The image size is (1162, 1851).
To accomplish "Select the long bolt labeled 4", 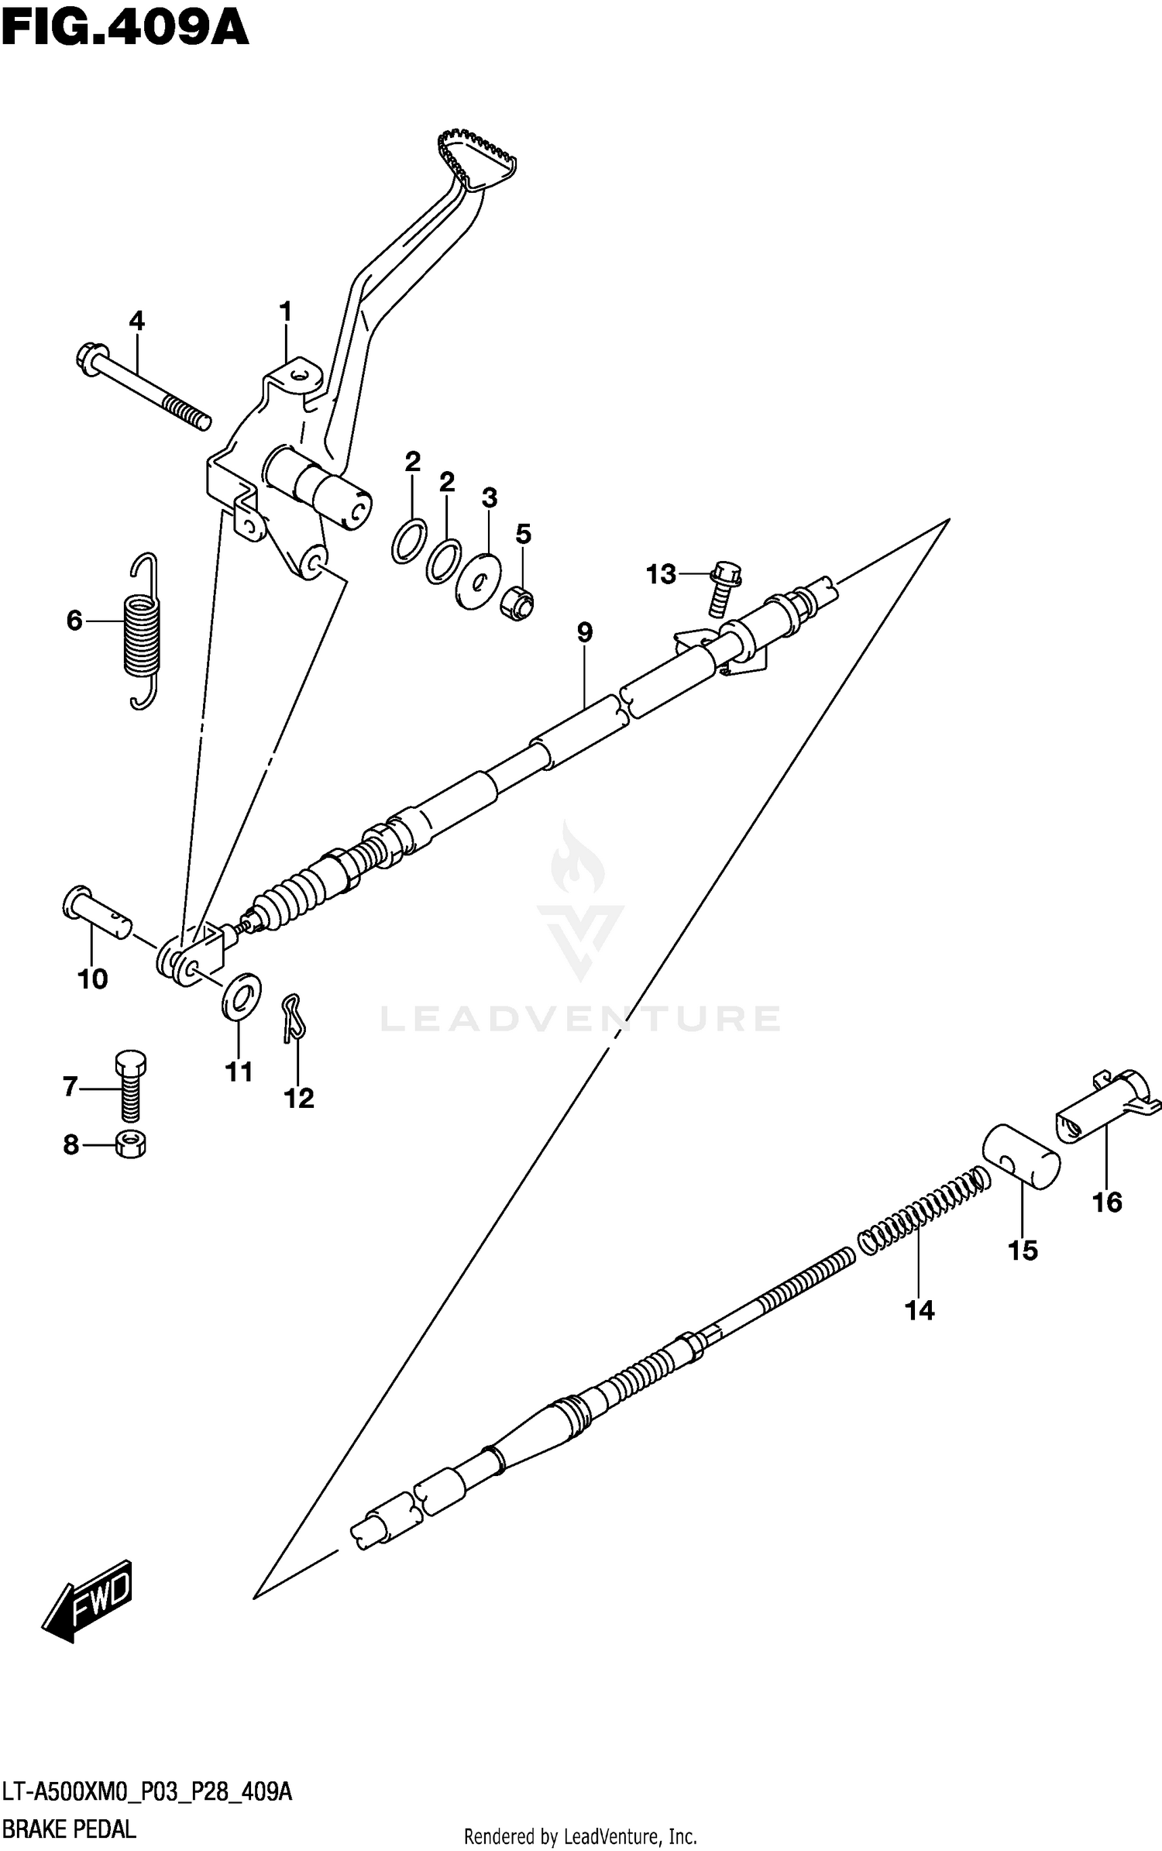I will pyautogui.click(x=143, y=387).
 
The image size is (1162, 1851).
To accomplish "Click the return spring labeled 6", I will pyautogui.click(x=143, y=631).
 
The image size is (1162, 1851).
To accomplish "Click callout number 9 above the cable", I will pyautogui.click(x=585, y=633).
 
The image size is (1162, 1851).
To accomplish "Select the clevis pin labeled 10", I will pyautogui.click(x=97, y=913).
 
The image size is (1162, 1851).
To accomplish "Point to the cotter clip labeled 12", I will pyautogui.click(x=293, y=1016).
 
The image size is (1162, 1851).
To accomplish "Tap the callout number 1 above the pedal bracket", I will pyautogui.click(x=286, y=312).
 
